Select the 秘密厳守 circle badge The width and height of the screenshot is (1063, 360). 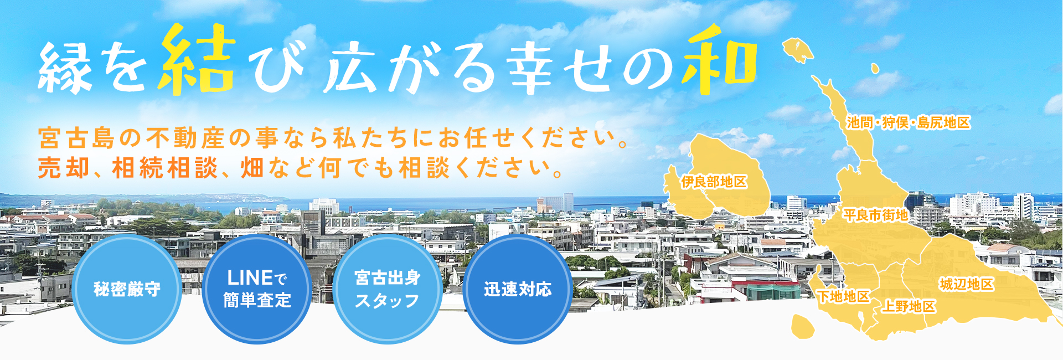point(127,289)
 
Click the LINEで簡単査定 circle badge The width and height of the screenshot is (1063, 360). point(257,289)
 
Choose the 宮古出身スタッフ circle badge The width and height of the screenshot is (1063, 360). point(388,289)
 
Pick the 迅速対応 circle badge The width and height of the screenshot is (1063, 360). point(518,289)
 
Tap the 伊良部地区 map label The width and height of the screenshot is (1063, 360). point(714,182)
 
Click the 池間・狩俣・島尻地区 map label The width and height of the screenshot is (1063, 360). point(908,122)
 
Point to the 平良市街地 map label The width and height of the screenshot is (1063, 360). point(875,214)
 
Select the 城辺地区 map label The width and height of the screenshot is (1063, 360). point(967,284)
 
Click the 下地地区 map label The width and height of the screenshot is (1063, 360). point(844,296)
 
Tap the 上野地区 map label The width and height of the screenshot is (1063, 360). point(909,306)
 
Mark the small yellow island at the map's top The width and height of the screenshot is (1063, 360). point(798,50)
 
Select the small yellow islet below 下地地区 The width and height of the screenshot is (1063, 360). point(803,326)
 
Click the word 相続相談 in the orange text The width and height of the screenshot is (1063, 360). point(165,167)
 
